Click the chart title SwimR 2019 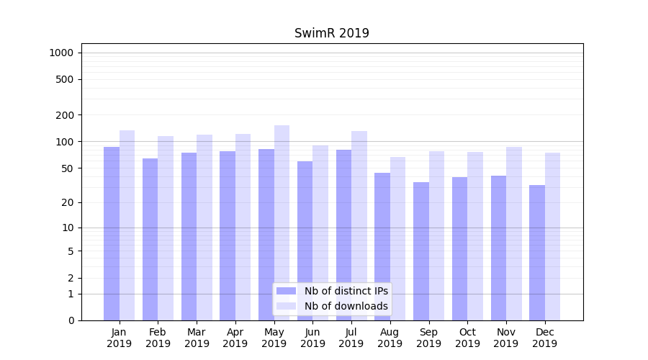tap(332, 33)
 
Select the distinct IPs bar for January tap(112, 233)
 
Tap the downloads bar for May tap(282, 222)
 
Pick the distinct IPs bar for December tap(537, 252)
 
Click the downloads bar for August tap(397, 238)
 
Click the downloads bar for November tap(513, 233)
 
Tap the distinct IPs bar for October tap(460, 248)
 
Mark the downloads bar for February tap(166, 228)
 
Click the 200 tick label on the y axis tap(65, 115)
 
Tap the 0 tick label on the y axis tap(71, 320)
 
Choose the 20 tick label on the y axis tap(68, 202)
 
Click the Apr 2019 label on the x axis tap(235, 338)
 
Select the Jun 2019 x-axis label tap(312, 338)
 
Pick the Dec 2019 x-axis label tap(544, 338)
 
